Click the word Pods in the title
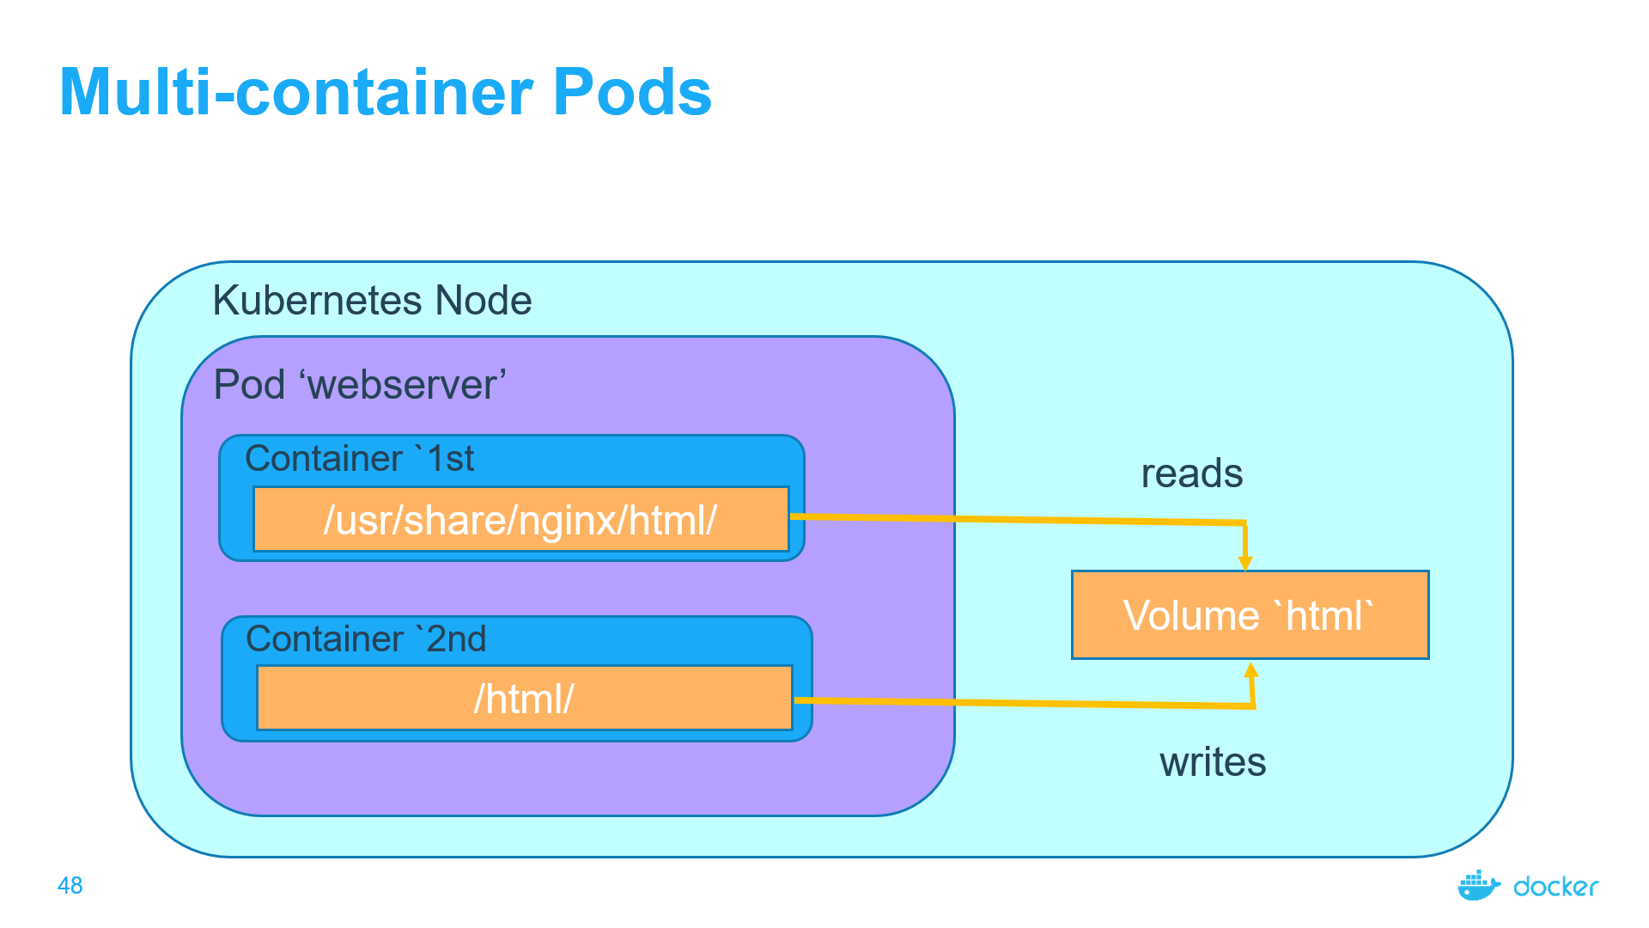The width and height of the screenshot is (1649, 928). point(632,93)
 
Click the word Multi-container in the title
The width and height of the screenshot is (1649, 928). point(296,93)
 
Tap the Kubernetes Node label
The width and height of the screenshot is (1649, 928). point(372,301)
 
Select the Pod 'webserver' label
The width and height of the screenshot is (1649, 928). point(359,384)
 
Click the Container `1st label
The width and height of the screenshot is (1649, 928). point(359,459)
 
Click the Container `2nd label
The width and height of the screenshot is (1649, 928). point(366,639)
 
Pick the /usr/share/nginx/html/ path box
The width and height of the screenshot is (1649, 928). point(520,520)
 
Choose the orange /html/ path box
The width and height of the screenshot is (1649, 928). point(524,699)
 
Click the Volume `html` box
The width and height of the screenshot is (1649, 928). point(1250,615)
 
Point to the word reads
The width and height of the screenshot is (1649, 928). point(1191,473)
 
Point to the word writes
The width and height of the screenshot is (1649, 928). point(1212,762)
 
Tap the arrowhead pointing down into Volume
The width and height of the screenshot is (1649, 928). point(1244,563)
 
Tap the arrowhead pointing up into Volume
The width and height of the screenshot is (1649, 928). point(1251,670)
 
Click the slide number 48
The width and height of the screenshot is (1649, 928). point(70,885)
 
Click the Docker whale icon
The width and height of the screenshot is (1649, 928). point(1478,885)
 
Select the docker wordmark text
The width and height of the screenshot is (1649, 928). point(1555,887)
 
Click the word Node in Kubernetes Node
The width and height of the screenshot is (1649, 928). point(484,301)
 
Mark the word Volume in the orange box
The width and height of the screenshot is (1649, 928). point(1190,616)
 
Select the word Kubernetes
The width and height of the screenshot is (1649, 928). point(317,301)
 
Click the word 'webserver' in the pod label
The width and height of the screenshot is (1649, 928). point(403,384)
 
